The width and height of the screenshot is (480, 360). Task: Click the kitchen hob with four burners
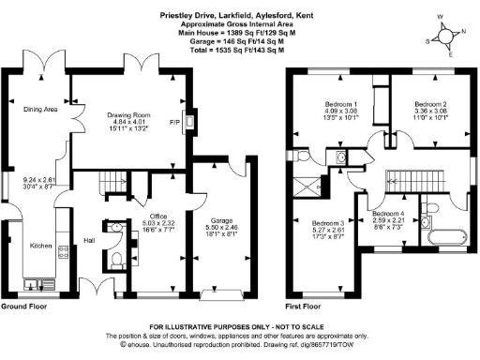pyautogui.click(x=63, y=250)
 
